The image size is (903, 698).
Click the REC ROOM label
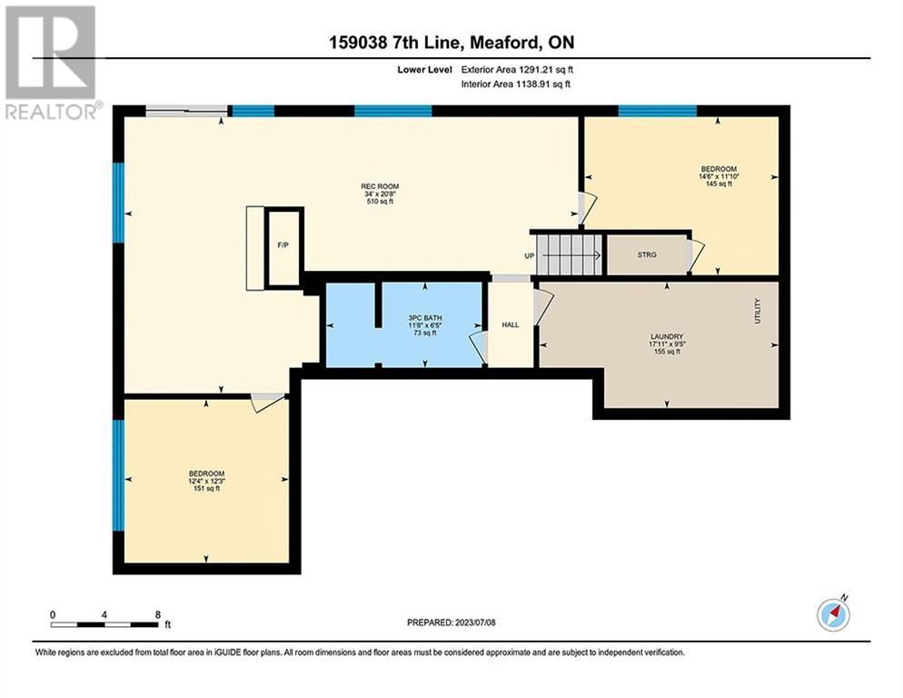pos(380,186)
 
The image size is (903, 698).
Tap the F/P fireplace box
pos(284,246)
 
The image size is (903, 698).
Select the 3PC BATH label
pos(425,318)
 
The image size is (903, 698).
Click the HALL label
pos(511,325)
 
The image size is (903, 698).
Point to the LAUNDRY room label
pos(667,336)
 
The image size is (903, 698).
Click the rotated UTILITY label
pos(758,311)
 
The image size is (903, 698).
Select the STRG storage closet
pos(649,254)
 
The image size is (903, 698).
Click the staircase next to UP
pos(569,254)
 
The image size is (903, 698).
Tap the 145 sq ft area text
pos(719,184)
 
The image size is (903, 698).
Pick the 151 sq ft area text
pos(206,489)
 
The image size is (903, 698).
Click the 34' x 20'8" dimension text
pos(380,194)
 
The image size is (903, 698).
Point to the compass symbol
pos(833,614)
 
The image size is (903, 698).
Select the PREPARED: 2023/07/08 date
pos(451,623)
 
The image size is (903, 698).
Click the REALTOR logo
pos(52,62)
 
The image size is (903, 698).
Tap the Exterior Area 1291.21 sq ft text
pos(517,70)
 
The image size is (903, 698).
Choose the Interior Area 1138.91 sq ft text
pos(516,85)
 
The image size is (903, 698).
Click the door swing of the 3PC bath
pos(478,349)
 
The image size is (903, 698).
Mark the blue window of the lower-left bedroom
pos(118,475)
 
